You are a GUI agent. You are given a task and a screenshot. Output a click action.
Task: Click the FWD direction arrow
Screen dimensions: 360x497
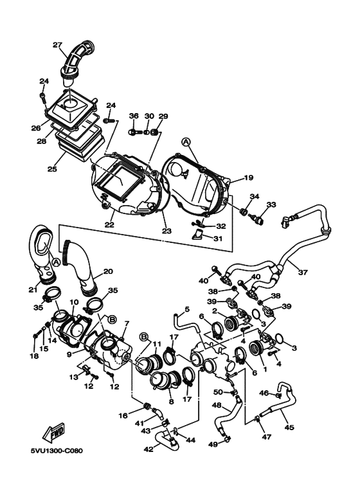(x=54, y=433)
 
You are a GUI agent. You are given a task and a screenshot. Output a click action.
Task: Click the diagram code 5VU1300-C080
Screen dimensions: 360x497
(x=57, y=451)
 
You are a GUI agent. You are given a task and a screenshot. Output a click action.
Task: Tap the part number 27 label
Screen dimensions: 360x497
(x=57, y=45)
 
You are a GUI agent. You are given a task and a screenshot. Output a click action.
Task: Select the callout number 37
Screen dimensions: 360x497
(x=303, y=272)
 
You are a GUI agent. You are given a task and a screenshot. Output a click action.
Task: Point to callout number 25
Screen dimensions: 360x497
(x=52, y=169)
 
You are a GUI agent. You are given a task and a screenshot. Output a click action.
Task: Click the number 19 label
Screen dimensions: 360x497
(x=249, y=177)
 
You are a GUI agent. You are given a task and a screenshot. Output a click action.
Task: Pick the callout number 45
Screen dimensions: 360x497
(x=289, y=428)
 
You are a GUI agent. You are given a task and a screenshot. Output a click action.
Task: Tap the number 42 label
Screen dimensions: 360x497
(x=148, y=449)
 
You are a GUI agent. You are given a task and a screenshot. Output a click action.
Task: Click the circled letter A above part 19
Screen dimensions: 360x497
(x=186, y=142)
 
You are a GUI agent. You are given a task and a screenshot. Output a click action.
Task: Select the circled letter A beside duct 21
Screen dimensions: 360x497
(x=56, y=262)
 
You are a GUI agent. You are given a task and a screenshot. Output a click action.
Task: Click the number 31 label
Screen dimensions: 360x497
(x=218, y=239)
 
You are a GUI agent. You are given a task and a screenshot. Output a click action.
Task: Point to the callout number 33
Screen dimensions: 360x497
(x=271, y=204)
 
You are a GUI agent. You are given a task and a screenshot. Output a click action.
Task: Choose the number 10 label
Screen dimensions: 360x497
(x=74, y=302)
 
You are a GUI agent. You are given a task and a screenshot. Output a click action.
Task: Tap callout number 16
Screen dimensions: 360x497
(x=123, y=415)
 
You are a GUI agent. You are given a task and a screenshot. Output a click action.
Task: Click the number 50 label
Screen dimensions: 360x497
(x=218, y=392)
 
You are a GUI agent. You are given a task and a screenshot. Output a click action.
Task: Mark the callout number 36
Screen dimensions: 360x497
(x=134, y=116)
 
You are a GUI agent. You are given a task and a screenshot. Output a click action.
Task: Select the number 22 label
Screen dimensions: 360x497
(x=109, y=225)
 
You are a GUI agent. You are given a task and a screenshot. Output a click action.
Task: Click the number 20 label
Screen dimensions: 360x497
(x=108, y=271)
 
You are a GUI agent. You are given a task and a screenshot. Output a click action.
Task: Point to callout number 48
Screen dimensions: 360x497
(x=217, y=405)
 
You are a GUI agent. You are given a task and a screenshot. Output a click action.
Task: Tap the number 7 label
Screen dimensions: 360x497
(x=127, y=323)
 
